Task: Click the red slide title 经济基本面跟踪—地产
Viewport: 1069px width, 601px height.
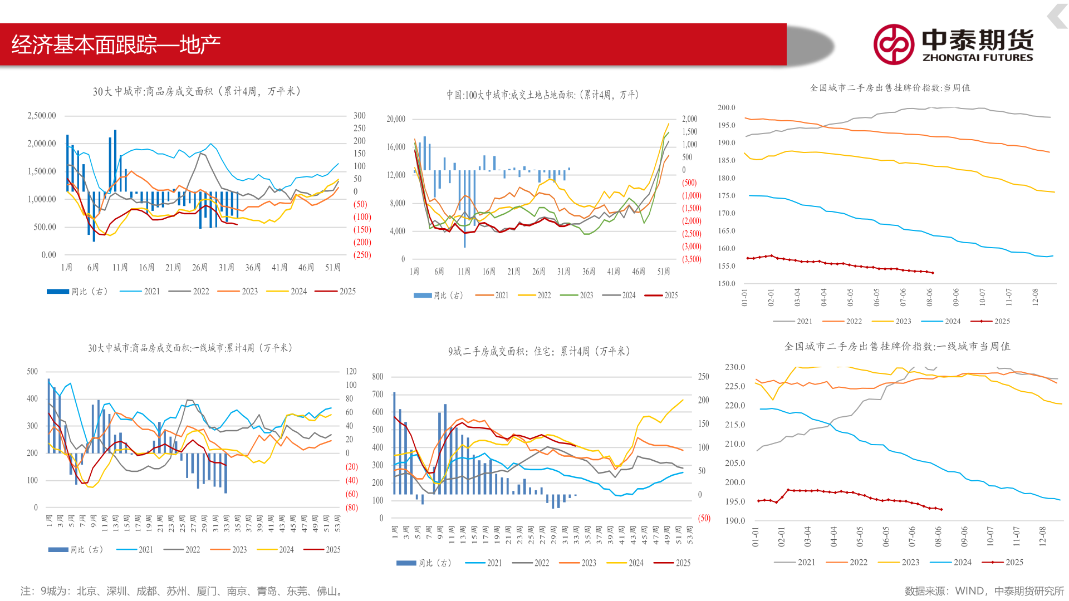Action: [116, 45]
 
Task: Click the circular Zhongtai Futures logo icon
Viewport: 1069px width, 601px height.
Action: [893, 45]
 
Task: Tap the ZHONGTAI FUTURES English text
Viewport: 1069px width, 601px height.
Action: [977, 57]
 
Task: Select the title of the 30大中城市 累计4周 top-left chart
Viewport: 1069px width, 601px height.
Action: [197, 91]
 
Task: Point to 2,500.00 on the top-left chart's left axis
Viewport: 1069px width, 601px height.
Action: [42, 116]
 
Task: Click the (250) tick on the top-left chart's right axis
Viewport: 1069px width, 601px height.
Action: [362, 255]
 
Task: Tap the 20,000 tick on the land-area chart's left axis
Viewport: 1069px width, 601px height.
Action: [396, 119]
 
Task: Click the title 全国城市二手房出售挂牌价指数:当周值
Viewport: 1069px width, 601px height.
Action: [889, 88]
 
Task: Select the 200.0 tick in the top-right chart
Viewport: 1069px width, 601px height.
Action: [726, 107]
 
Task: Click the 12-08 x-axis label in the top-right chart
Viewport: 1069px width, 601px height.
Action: [1035, 297]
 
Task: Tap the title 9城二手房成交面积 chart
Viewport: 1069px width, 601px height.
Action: [539, 351]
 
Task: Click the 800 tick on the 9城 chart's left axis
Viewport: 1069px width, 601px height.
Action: [377, 377]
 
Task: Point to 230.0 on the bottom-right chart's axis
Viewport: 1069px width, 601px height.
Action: [734, 367]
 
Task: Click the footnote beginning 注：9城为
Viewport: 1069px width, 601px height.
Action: [182, 591]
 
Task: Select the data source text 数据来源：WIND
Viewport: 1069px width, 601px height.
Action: [984, 591]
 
